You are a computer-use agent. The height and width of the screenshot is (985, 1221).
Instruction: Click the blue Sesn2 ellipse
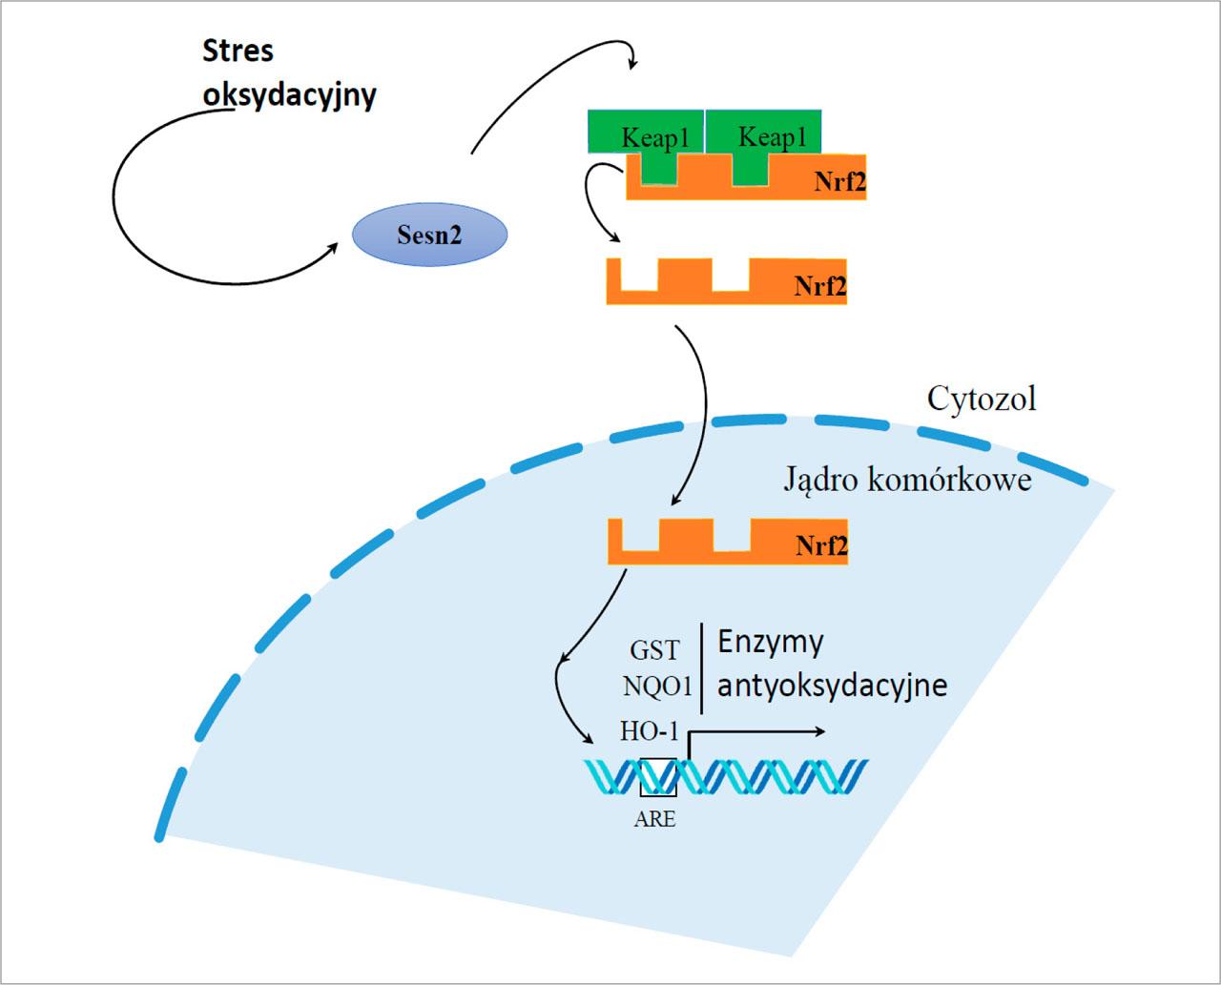coord(429,235)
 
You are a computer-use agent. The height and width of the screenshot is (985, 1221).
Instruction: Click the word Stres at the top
coord(238,51)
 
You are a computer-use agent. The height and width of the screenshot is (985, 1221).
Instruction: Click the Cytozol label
coord(982,398)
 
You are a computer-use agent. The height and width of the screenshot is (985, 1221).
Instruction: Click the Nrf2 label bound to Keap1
coord(839,182)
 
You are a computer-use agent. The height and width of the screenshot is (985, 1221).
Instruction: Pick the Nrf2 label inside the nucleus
coord(821,546)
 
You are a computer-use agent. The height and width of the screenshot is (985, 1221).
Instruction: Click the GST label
coord(654,650)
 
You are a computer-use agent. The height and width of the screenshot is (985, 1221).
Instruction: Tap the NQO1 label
coord(657,686)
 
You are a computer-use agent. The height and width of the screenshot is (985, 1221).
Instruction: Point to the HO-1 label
coord(650,732)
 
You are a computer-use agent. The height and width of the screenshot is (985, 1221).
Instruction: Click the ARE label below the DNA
coord(654,818)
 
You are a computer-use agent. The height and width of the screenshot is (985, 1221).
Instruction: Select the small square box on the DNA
coord(658,776)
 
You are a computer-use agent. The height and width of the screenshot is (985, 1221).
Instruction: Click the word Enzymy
coord(770,642)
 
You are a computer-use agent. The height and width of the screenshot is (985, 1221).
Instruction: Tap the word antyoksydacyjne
coord(832,686)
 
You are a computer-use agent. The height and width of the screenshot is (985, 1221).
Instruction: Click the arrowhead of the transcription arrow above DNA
coord(820,732)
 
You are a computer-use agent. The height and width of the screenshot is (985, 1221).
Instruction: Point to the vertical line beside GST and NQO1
coord(702,668)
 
